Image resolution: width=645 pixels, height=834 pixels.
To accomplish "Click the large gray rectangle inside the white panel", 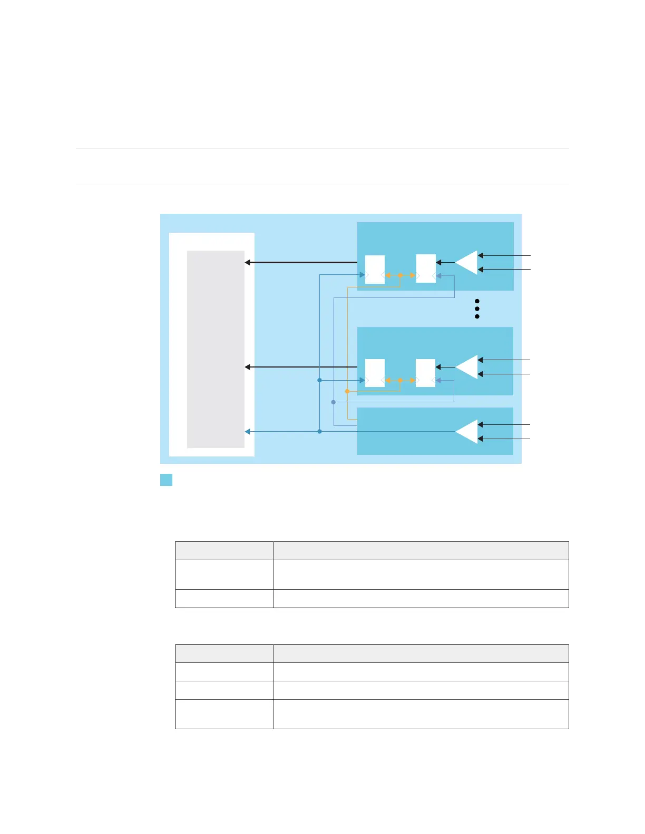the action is point(216,349).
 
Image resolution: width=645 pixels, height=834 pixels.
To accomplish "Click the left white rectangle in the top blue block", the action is point(375,269).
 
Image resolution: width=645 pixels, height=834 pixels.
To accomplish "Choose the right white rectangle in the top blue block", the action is point(426,269).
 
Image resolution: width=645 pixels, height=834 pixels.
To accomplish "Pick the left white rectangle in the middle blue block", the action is point(375,373).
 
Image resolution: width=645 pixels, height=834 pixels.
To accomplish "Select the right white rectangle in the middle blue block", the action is point(425,373).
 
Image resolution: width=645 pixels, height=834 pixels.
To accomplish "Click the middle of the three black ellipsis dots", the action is point(477,309).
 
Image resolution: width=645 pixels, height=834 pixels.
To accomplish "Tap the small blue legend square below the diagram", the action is point(166,480).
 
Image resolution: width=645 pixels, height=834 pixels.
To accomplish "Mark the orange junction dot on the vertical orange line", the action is point(347,391).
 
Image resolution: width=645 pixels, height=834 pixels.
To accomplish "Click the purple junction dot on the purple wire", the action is point(333,402).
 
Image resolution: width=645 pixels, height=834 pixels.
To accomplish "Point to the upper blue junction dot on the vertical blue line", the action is point(319,380).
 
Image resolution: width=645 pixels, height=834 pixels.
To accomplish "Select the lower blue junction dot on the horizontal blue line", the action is point(319,432).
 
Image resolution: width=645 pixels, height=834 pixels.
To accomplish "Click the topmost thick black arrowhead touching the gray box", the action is point(248,262).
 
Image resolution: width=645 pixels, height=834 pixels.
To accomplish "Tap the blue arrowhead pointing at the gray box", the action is point(248,432).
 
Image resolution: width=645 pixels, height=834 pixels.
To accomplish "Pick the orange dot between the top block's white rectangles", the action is point(400,275).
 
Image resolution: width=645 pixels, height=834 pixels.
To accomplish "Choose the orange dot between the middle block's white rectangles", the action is point(400,380).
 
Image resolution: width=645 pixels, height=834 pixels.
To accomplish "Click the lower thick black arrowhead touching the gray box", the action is point(248,367).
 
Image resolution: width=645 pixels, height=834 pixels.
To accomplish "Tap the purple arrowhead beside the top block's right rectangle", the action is point(438,275).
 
